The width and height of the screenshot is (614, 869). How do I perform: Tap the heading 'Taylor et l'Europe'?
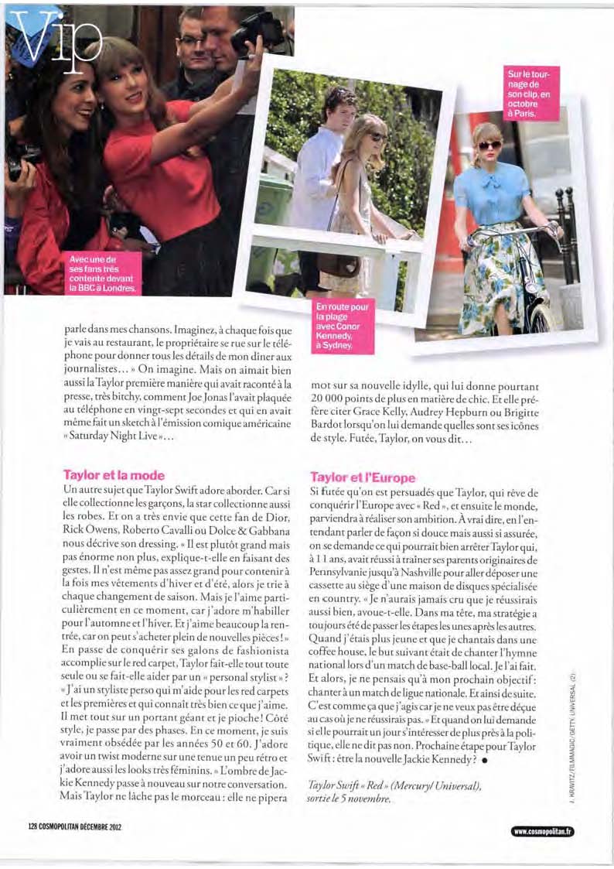(363, 477)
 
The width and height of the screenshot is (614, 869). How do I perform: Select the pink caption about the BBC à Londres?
(101, 273)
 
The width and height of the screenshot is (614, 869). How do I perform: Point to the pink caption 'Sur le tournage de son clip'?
(532, 93)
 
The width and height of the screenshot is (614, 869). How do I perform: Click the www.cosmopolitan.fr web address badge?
(542, 832)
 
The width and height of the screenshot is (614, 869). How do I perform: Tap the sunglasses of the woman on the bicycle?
(490, 145)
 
